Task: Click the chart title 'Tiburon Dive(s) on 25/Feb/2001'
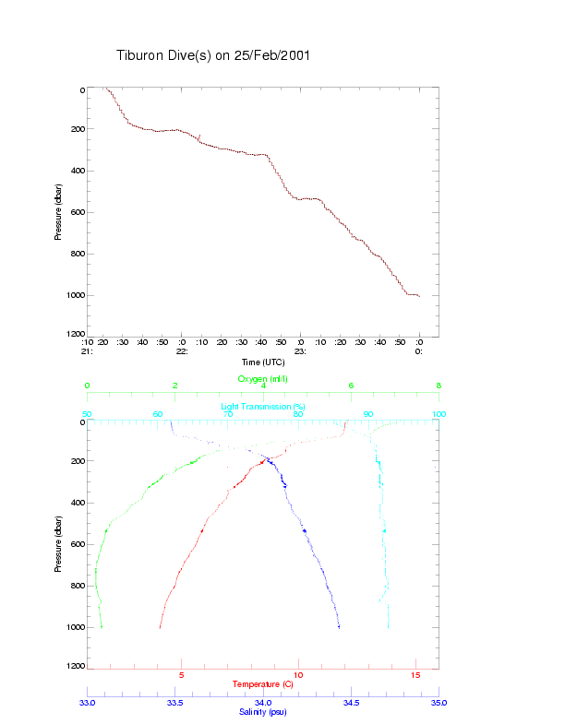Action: coord(212,55)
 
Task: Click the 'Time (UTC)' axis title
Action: coord(263,362)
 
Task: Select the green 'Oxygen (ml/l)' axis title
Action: coord(263,379)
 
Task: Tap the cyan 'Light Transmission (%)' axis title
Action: coord(263,407)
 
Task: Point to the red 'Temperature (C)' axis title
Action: coord(263,684)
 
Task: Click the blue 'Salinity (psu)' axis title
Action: coord(263,712)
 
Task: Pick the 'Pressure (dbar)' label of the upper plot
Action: coord(58,213)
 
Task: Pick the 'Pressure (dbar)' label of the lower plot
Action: coord(58,544)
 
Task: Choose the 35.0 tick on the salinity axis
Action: coord(439,703)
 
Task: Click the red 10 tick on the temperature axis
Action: coord(298,675)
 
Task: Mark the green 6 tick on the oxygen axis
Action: coord(351,386)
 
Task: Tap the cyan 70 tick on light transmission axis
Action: coord(228,414)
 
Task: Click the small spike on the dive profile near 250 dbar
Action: coord(198,137)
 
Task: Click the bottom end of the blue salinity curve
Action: coord(339,627)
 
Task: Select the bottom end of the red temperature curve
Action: coord(160,627)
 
